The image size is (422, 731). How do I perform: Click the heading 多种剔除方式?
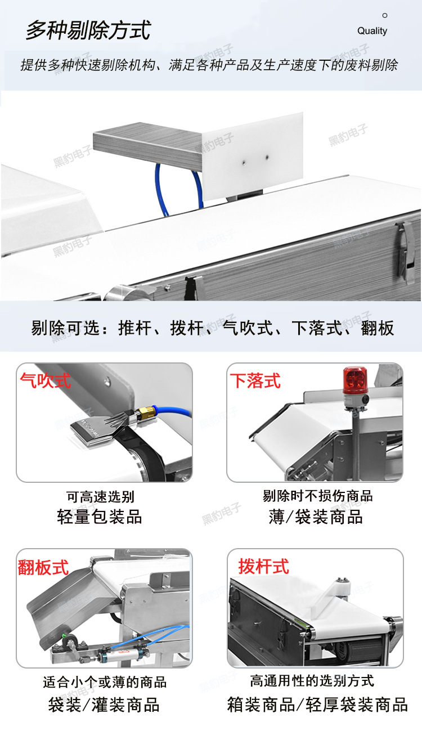(x=88, y=30)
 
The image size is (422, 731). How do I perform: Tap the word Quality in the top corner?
(x=372, y=31)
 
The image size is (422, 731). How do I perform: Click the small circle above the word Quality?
(x=385, y=15)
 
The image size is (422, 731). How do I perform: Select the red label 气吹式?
(x=46, y=380)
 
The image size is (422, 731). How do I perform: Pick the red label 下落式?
(x=255, y=380)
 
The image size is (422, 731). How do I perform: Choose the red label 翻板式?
(x=43, y=567)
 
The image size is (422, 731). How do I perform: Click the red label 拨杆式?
(x=264, y=566)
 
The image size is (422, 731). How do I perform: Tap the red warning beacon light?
(x=355, y=380)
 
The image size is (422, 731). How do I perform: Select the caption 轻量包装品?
(x=100, y=517)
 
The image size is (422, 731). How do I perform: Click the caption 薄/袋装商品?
(x=316, y=517)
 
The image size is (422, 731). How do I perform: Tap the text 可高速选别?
(x=101, y=497)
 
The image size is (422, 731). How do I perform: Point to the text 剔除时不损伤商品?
(x=317, y=496)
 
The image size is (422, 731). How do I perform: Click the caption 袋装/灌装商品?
(x=104, y=705)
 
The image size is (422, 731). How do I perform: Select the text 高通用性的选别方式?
(x=312, y=681)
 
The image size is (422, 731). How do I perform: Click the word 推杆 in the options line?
(x=135, y=328)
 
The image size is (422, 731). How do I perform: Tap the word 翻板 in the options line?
(x=378, y=328)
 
